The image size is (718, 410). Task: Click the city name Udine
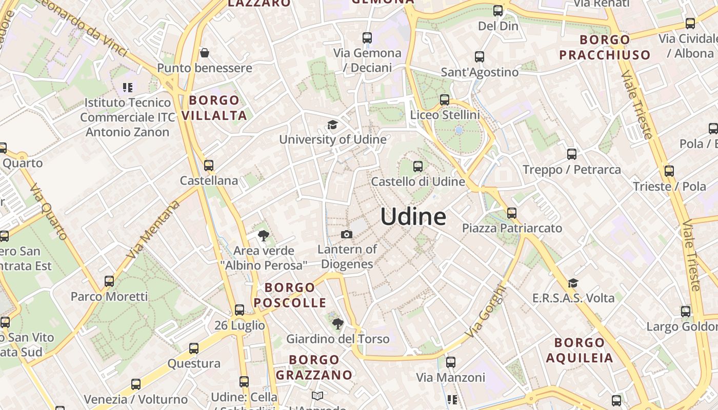pyautogui.click(x=413, y=217)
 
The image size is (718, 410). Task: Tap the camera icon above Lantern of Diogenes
pyautogui.click(x=347, y=235)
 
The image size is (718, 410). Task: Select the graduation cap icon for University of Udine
pyautogui.click(x=333, y=125)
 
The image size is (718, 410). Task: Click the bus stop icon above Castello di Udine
pyautogui.click(x=418, y=166)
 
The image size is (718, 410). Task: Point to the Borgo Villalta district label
pyautogui.click(x=214, y=108)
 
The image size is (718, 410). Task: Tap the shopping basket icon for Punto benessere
pyautogui.click(x=205, y=53)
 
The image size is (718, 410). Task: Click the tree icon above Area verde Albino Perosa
pyautogui.click(x=264, y=236)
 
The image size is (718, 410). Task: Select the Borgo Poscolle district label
pyautogui.click(x=290, y=295)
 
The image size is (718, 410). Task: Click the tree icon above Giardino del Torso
pyautogui.click(x=337, y=324)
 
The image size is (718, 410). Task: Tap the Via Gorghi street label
pyautogui.click(x=486, y=312)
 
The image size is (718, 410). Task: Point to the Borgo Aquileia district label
pyautogui.click(x=580, y=350)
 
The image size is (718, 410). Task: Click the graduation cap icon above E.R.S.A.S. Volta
pyautogui.click(x=573, y=283)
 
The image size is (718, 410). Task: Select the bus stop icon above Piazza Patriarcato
pyautogui.click(x=512, y=213)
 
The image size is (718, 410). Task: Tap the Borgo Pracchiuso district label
pyautogui.click(x=605, y=47)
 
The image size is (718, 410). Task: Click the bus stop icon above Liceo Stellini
pyautogui.click(x=445, y=100)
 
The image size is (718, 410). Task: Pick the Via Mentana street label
pyautogui.click(x=153, y=230)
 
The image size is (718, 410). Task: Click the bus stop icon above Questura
pyautogui.click(x=194, y=348)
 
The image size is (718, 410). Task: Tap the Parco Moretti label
pyautogui.click(x=109, y=296)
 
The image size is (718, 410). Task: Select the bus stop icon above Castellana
pyautogui.click(x=209, y=166)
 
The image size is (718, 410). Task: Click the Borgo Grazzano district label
pyautogui.click(x=314, y=367)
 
